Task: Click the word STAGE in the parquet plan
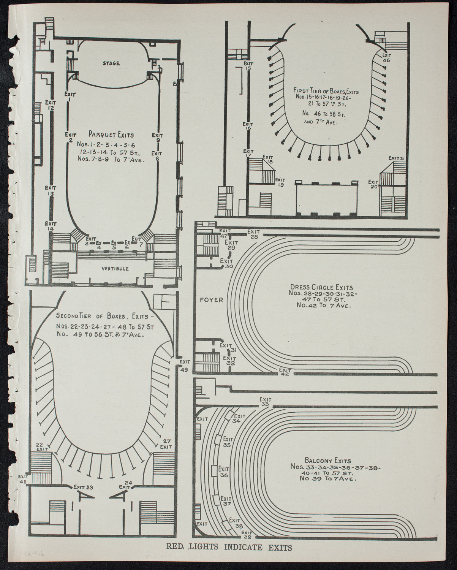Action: tap(111, 63)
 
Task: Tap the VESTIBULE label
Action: tap(115, 269)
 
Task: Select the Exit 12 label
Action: tap(51, 105)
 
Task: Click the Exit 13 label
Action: tap(51, 191)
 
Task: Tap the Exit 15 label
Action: tap(248, 66)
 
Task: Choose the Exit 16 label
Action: tap(248, 126)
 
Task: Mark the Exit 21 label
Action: tap(398, 158)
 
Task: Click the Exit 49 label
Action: tap(185, 366)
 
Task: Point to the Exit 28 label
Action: tap(254, 234)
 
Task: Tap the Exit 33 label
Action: tap(265, 402)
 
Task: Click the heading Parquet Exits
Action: tap(111, 135)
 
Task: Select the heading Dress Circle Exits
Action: tap(321, 288)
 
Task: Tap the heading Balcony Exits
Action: tap(322, 460)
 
